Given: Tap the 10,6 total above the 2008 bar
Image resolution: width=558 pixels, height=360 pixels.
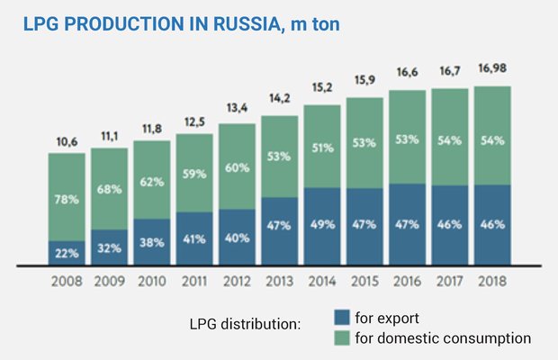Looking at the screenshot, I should tap(67, 141).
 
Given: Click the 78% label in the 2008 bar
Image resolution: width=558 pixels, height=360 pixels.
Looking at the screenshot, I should tap(67, 199).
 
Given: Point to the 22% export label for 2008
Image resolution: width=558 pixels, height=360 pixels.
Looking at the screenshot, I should tap(67, 254).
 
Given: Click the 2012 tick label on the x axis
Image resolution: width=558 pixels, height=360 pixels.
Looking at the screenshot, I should tap(238, 281).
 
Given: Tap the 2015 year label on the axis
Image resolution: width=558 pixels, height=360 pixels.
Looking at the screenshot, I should tap(364, 281).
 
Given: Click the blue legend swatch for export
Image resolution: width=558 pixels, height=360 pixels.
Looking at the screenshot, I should tap(342, 318).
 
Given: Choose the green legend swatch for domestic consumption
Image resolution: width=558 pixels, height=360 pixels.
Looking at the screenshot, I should tap(342, 337).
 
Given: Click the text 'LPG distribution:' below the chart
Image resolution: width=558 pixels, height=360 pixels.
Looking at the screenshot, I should tap(246, 324).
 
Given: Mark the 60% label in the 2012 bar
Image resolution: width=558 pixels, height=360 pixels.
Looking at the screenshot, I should tap(238, 166).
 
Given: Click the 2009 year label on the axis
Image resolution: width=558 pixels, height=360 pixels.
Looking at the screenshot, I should tap(110, 281).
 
